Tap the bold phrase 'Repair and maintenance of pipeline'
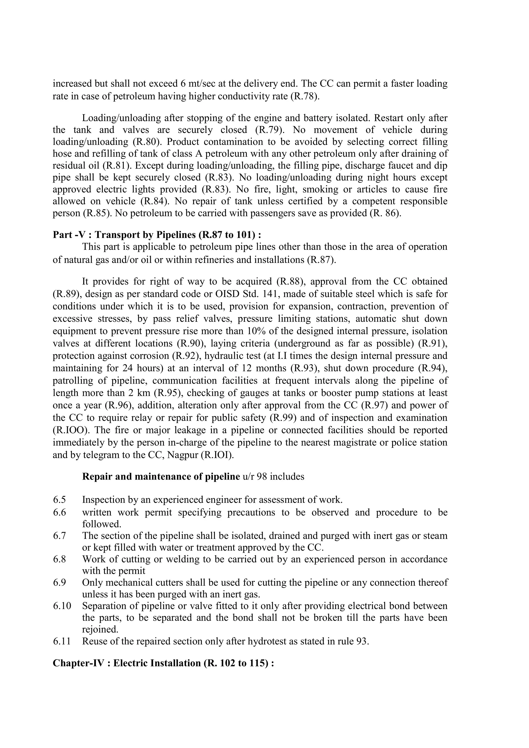pos(161,477)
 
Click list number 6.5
pos(59,500)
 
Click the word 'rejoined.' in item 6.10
pos(100,629)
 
